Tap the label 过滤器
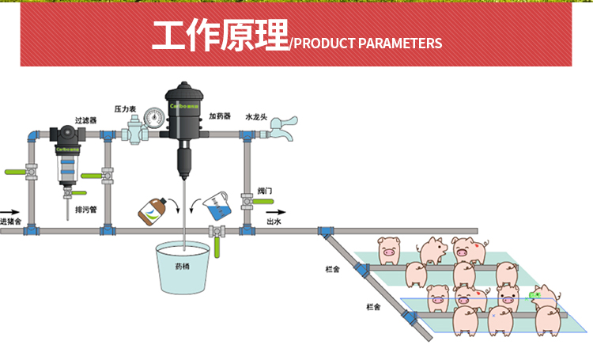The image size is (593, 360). coord(85,120)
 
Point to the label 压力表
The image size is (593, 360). coord(125,108)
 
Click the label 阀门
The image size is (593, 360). coord(265,191)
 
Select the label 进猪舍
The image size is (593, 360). coord(10,222)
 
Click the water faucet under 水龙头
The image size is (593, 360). coord(282,127)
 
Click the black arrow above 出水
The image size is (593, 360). coord(274,212)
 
